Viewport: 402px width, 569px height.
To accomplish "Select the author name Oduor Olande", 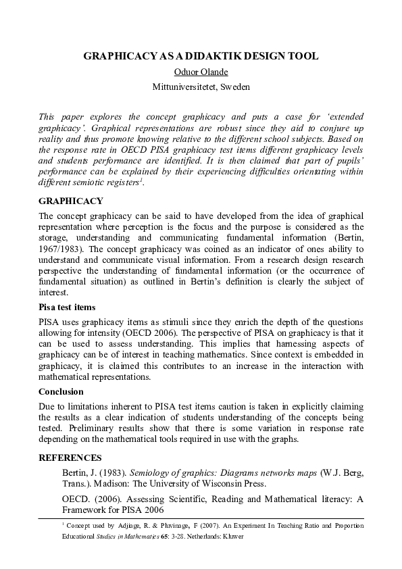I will coord(201,72).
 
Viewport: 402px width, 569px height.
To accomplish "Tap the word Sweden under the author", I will coord(236,86).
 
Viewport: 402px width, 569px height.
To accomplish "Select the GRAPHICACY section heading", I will coord(71,201).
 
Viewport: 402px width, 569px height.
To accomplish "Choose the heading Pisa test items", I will coord(67,307).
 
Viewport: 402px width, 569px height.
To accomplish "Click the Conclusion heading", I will coord(61,391).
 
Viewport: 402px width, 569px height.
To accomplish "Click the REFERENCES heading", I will coord(70,457).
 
